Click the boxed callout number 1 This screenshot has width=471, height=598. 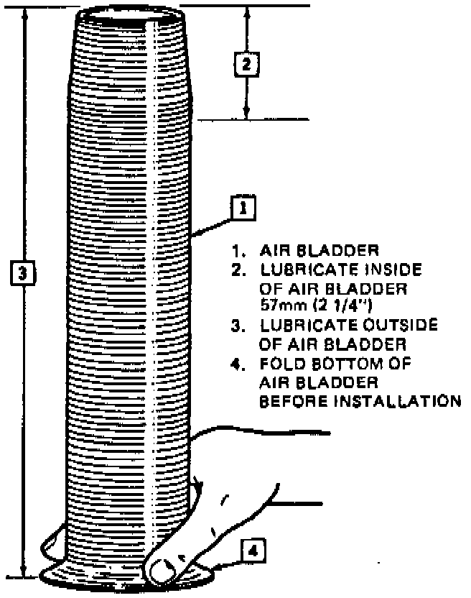click(x=243, y=209)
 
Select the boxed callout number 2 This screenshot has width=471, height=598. click(x=246, y=64)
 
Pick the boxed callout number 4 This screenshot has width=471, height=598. click(x=253, y=552)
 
